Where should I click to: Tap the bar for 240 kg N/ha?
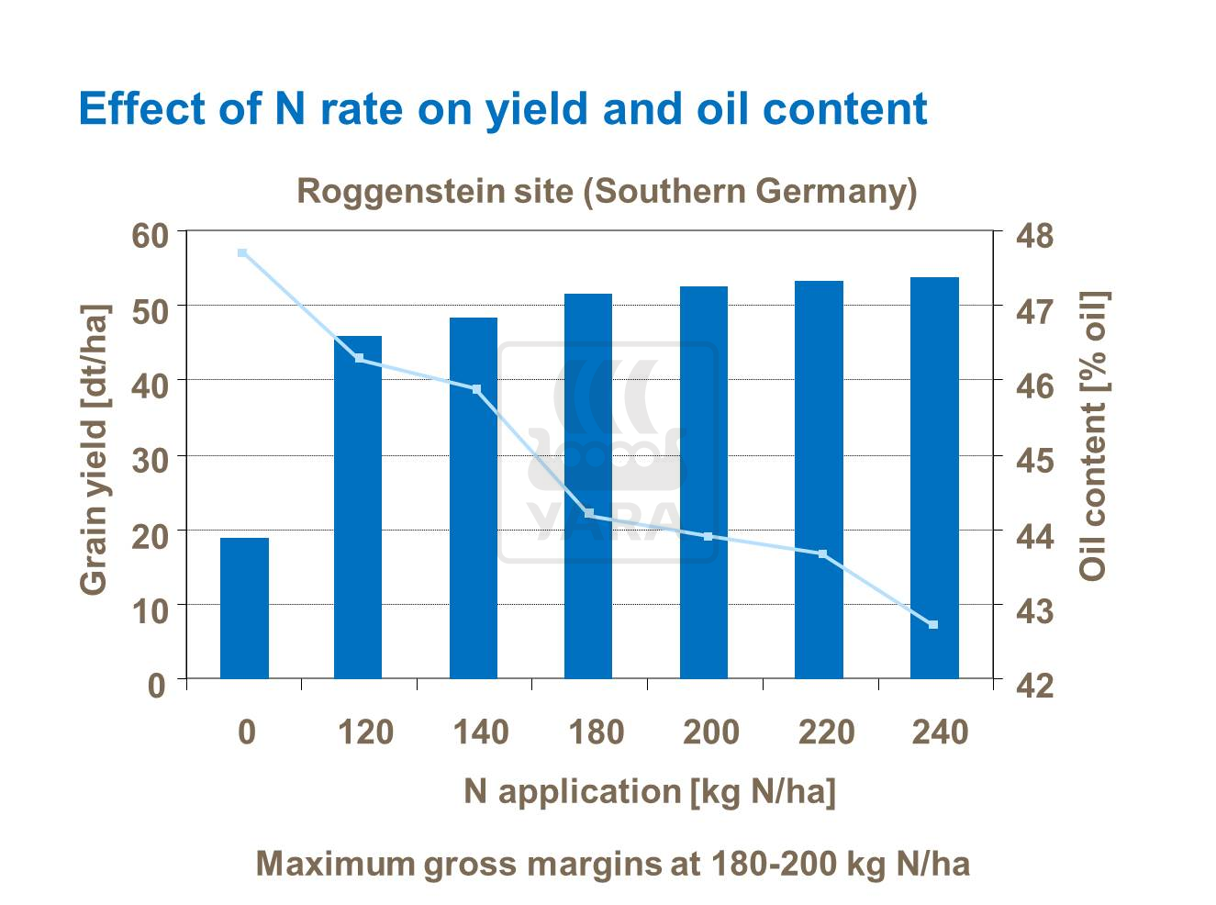pyautogui.click(x=934, y=477)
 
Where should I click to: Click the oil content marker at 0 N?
pyautogui.click(x=242, y=252)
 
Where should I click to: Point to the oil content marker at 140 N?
pyautogui.click(x=476, y=389)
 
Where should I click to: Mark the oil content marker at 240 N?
pyautogui.click(x=933, y=625)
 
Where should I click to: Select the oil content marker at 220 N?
pyautogui.click(x=822, y=554)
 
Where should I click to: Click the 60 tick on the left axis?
pyautogui.click(x=151, y=236)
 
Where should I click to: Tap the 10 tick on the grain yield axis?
pyautogui.click(x=151, y=609)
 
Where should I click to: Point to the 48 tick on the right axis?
pyautogui.click(x=1035, y=236)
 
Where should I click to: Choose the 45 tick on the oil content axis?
pyautogui.click(x=1035, y=460)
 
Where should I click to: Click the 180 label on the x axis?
pyautogui.click(x=596, y=732)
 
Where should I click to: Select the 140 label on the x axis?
pyautogui.click(x=480, y=732)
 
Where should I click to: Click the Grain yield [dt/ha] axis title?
pyautogui.click(x=94, y=450)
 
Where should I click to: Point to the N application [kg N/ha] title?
pyautogui.click(x=650, y=791)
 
